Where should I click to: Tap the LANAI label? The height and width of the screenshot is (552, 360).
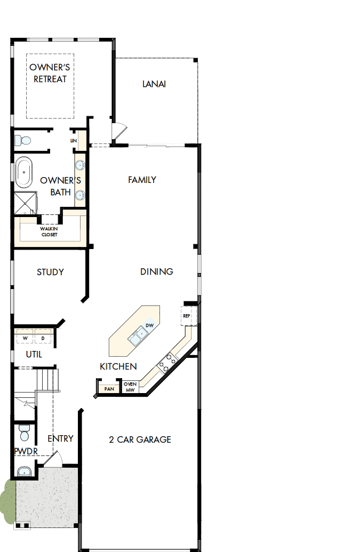154,84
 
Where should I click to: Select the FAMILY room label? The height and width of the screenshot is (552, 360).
142,180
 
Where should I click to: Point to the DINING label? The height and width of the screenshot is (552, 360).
157,271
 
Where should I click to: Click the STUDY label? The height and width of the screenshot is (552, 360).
50,272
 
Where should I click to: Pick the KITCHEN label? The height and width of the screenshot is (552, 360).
118,366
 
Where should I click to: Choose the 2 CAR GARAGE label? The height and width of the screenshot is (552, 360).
140,439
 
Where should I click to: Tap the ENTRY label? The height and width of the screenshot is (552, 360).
60,438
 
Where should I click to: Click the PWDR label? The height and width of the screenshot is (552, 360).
25,451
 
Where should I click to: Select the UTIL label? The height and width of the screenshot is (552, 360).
34,354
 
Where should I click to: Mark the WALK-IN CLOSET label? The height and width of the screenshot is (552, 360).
49,231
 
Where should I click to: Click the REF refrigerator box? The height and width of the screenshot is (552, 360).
187,316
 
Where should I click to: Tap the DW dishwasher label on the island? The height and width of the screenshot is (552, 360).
150,325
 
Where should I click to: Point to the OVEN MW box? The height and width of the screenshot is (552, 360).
130,387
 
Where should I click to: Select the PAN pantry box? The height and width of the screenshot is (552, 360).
109,389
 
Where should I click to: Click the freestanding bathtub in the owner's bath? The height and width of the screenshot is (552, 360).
23,172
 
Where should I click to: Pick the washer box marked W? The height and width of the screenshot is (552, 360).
25,338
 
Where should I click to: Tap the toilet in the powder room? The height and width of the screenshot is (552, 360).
24,431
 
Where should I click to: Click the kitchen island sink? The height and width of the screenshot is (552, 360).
138,336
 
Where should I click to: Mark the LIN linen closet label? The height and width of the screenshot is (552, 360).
74,140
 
